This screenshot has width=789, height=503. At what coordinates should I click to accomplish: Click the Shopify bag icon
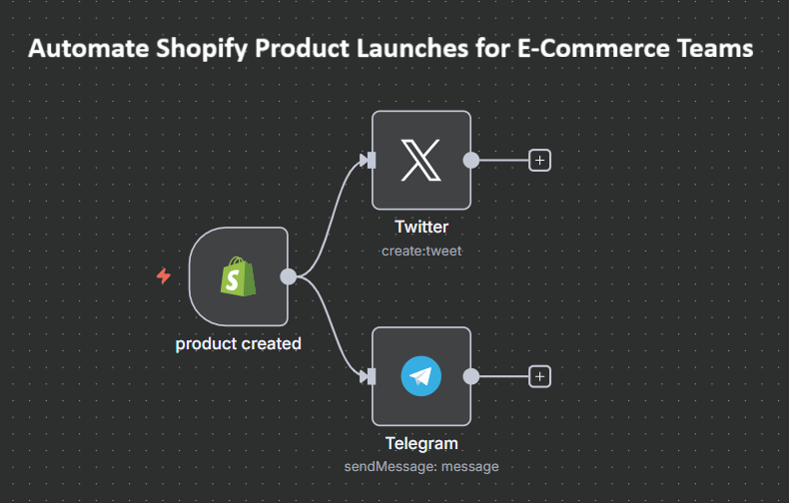coord(238,276)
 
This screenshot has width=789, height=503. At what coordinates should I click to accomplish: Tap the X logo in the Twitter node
coord(421,160)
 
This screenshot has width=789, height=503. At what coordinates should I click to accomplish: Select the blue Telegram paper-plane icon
coord(421,376)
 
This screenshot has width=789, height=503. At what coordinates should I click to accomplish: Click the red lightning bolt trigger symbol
coord(164,276)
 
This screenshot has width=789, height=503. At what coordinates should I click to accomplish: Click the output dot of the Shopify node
coord(289,276)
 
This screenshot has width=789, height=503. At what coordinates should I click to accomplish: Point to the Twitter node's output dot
coord(471,161)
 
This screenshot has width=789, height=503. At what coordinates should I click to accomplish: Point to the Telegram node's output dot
coord(471,376)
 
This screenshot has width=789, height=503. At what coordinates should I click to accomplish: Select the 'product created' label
coord(238,344)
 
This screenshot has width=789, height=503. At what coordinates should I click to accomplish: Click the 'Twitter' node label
coord(421,227)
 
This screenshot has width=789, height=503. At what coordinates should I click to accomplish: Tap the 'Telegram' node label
coord(421,444)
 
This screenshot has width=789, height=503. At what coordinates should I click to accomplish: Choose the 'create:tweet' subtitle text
coord(421,251)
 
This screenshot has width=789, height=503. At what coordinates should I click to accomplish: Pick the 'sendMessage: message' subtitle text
coord(421,467)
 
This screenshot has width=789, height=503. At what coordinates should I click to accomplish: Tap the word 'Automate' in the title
coord(89,48)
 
